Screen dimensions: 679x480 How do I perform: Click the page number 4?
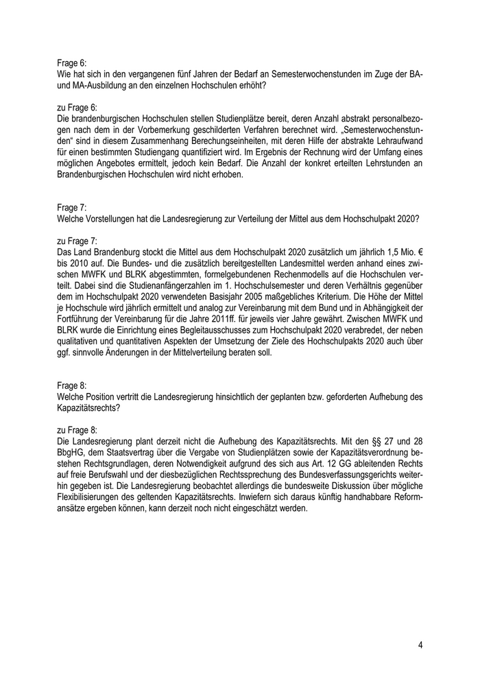click(x=420, y=645)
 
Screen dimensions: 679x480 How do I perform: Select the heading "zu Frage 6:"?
click(x=77, y=107)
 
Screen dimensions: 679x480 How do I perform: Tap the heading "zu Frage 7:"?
click(x=77, y=241)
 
